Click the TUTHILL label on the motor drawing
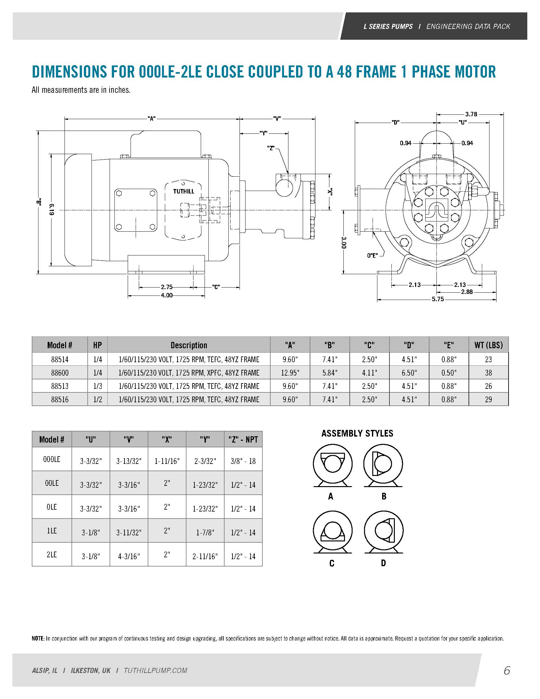click(x=184, y=191)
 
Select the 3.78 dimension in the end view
click(x=471, y=114)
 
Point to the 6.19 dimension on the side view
click(x=52, y=209)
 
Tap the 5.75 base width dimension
click(x=437, y=300)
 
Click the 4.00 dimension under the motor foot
click(x=167, y=295)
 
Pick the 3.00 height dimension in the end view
click(x=344, y=242)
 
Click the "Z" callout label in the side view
click(x=271, y=148)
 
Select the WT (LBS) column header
click(x=488, y=345)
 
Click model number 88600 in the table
click(x=60, y=373)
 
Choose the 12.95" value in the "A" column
click(x=290, y=373)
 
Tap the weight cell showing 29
click(x=488, y=399)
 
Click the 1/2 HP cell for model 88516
click(x=98, y=399)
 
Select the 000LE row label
click(x=52, y=459)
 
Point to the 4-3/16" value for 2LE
click(x=129, y=556)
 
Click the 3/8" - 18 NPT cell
click(x=243, y=461)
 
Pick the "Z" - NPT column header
click(x=243, y=439)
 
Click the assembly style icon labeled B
click(x=383, y=465)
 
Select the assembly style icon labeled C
click(x=332, y=532)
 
